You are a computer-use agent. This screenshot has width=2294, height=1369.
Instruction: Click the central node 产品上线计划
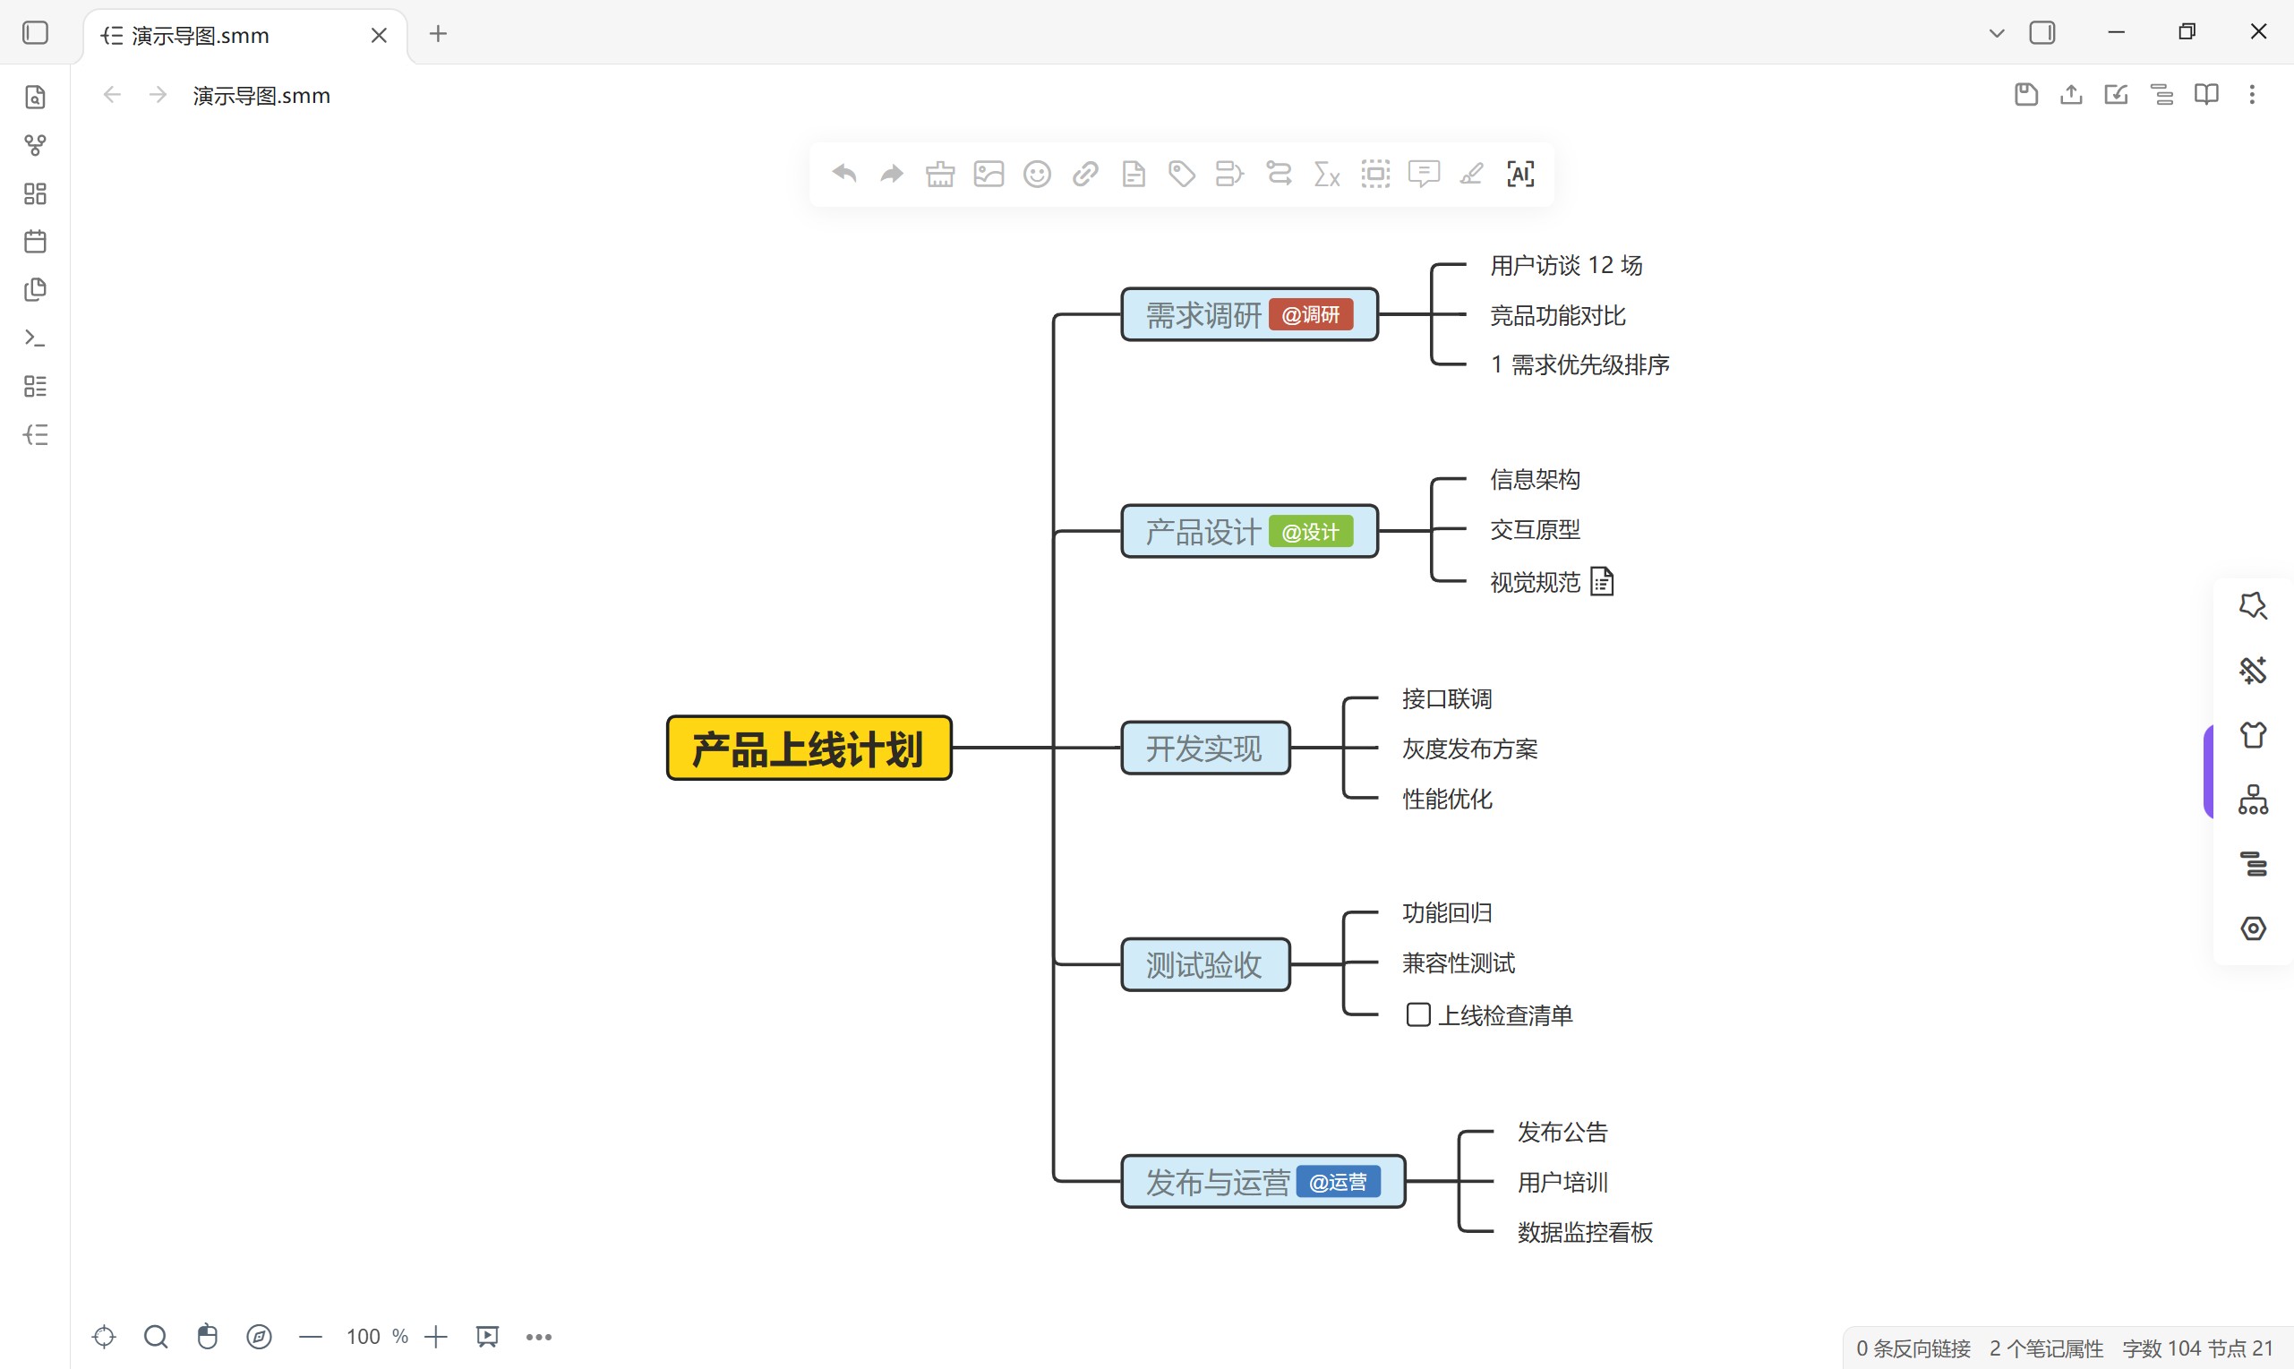pyautogui.click(x=809, y=749)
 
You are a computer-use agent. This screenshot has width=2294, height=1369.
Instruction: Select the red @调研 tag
pyautogui.click(x=1311, y=314)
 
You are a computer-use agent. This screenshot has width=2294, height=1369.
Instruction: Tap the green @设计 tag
pyautogui.click(x=1311, y=531)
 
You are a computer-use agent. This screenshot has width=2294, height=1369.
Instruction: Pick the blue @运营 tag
pyautogui.click(x=1339, y=1182)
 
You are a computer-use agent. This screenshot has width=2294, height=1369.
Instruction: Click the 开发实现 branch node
pyautogui.click(x=1204, y=749)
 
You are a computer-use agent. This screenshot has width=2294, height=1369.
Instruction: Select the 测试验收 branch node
pyautogui.click(x=1204, y=965)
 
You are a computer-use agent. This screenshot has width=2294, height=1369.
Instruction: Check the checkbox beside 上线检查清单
pyautogui.click(x=1417, y=1014)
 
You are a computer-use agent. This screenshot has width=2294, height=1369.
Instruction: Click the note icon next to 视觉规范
pyautogui.click(x=1602, y=581)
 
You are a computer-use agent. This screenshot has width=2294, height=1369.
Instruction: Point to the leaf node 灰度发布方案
pyautogui.click(x=1470, y=749)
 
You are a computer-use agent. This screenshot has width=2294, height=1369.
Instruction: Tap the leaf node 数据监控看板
pyautogui.click(x=1586, y=1233)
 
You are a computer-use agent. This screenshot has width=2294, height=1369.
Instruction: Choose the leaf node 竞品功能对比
pyautogui.click(x=1558, y=315)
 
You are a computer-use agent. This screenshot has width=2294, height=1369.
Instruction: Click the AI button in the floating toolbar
pyautogui.click(x=1520, y=174)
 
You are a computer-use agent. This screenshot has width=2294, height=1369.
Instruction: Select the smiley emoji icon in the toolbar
pyautogui.click(x=1037, y=175)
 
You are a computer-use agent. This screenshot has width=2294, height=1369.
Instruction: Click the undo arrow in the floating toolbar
pyautogui.click(x=844, y=174)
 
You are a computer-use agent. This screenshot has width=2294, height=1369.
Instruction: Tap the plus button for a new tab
pyautogui.click(x=438, y=34)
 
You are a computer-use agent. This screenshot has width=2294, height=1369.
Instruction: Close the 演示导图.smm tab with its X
pyautogui.click(x=379, y=35)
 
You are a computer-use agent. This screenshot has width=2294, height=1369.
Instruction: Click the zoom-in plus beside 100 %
pyautogui.click(x=436, y=1337)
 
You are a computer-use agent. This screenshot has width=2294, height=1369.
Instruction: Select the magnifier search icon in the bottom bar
pyautogui.click(x=156, y=1337)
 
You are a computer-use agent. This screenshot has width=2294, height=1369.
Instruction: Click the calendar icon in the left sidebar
pyautogui.click(x=35, y=242)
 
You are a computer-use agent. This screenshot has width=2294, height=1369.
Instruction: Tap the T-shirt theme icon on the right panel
pyautogui.click(x=2254, y=735)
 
